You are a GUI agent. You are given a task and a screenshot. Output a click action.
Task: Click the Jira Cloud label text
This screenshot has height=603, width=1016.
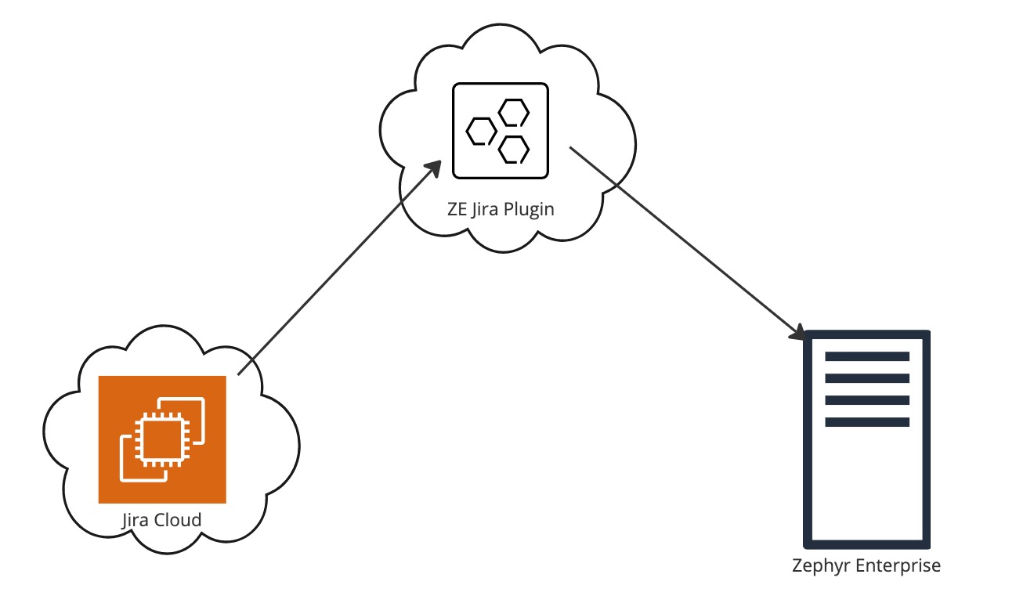click(x=161, y=520)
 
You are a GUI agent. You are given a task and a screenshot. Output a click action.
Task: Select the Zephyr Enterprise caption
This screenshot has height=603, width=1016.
click(x=866, y=565)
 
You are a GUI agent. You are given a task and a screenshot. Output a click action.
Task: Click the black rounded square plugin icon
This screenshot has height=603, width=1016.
click(x=501, y=130)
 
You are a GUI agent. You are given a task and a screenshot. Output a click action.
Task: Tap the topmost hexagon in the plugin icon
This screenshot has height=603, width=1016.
click(x=513, y=113)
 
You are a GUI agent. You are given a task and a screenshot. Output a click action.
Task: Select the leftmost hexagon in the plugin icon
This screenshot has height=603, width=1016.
click(x=480, y=132)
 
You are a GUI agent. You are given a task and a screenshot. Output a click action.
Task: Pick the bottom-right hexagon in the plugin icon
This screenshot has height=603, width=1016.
click(x=514, y=149)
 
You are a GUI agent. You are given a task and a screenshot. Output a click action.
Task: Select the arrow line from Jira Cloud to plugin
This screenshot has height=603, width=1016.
click(x=337, y=270)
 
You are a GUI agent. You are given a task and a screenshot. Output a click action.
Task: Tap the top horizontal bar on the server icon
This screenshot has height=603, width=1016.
click(x=867, y=356)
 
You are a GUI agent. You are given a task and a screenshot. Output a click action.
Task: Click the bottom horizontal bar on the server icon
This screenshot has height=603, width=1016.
click(x=867, y=422)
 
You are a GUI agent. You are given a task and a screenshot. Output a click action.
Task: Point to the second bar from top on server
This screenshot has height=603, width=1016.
click(x=867, y=378)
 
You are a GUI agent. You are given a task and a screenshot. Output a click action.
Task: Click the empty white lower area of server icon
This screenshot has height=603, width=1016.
click(x=867, y=486)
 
